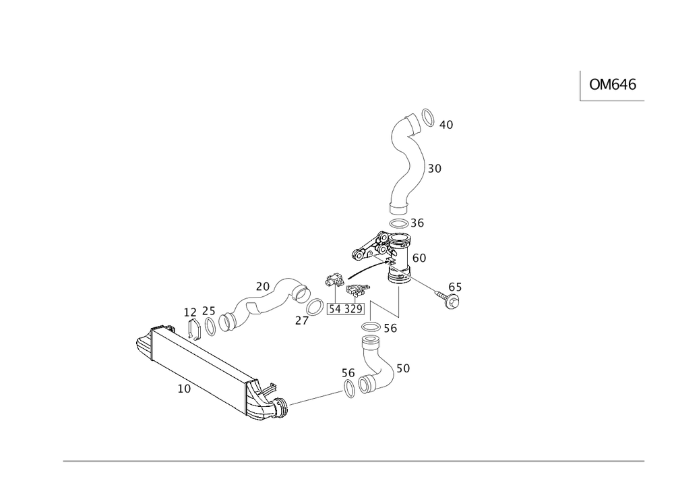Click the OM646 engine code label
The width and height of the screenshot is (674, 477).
(x=613, y=84)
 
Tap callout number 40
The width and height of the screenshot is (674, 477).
(x=446, y=125)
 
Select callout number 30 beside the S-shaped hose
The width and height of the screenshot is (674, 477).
(x=435, y=169)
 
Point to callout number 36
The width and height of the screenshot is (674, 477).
(x=418, y=223)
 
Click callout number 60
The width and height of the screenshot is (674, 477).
(x=419, y=258)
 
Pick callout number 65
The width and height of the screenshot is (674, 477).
(x=455, y=287)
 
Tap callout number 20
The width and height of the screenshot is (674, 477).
(x=262, y=287)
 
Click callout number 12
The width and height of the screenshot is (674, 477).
(x=191, y=312)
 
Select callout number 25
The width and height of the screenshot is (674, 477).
(x=209, y=312)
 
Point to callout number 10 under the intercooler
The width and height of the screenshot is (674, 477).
(x=184, y=389)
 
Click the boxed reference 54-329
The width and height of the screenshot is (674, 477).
(x=346, y=309)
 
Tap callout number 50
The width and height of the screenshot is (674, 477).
(x=403, y=369)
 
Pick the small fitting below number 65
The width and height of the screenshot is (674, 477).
(x=452, y=302)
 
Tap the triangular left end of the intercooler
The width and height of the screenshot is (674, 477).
(x=143, y=346)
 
